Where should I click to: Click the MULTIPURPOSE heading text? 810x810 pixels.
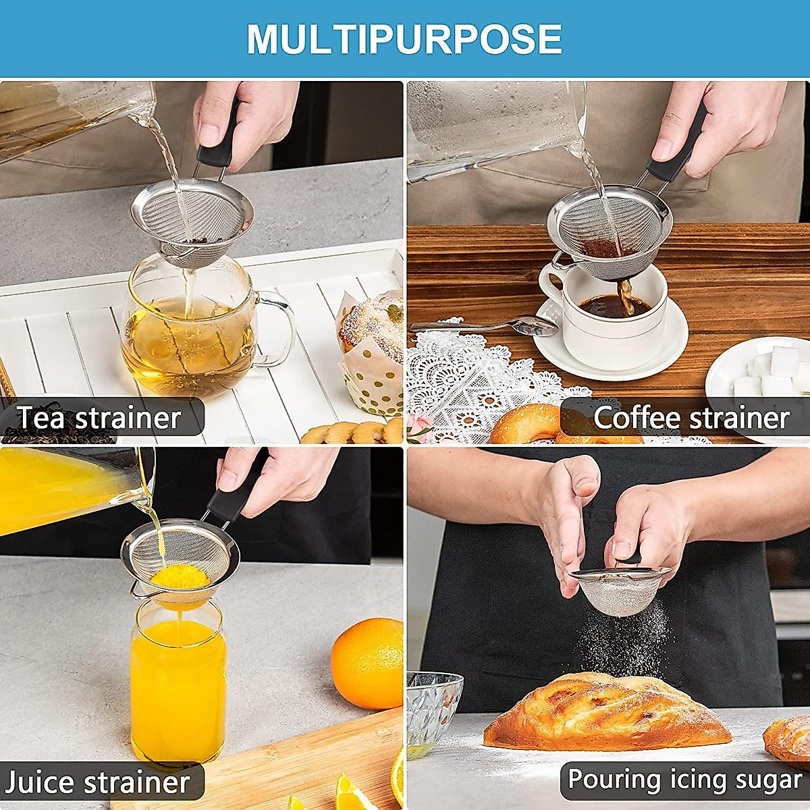point(404,38)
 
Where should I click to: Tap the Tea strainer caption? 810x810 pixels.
point(99,418)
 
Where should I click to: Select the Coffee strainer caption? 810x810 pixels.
point(691,418)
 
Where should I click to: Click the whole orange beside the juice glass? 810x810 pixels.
point(367,663)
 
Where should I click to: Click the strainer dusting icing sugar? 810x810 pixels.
point(618,591)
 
